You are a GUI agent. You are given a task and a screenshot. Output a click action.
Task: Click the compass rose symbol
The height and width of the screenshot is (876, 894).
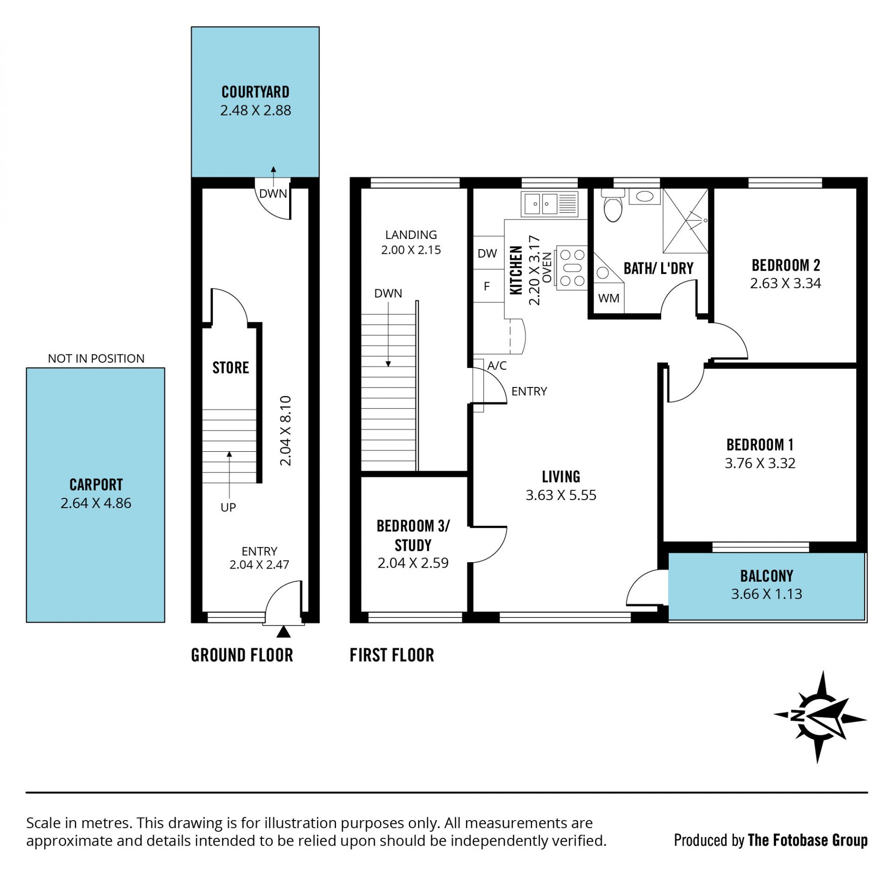pos(820,717)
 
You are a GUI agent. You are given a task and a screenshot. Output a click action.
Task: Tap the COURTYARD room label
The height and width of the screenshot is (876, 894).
pos(255,92)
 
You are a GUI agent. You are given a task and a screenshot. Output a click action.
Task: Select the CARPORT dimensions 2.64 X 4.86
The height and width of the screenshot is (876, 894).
pos(96,503)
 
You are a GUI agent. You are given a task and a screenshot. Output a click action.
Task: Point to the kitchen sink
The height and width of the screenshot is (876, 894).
pos(549,204)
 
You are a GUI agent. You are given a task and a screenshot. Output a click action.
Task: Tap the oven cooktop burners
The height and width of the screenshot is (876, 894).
pos(572,268)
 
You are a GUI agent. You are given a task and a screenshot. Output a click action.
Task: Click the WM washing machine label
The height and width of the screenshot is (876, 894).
pos(609,298)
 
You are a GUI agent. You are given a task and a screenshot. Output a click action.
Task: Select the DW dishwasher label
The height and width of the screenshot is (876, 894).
pos(487,253)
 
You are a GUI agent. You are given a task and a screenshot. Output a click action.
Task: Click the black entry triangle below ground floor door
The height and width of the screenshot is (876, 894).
pos(284,632)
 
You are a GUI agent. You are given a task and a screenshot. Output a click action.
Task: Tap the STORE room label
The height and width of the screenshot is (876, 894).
pos(230,368)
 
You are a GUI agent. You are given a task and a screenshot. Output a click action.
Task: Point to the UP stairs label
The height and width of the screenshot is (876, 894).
pos(228,507)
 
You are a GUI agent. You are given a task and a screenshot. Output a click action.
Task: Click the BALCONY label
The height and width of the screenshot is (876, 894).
pos(766,576)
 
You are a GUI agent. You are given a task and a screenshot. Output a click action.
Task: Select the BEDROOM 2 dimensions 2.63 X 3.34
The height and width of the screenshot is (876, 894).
pos(786,283)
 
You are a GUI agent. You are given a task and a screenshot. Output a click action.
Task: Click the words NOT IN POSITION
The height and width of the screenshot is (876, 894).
pos(96,359)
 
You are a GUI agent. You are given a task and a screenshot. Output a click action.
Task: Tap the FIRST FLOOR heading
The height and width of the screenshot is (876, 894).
pos(392,655)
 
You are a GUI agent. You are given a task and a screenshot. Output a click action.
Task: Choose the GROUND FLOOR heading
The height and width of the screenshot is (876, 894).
pos(242,655)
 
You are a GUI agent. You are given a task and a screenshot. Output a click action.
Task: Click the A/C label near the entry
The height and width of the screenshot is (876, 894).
pos(497,366)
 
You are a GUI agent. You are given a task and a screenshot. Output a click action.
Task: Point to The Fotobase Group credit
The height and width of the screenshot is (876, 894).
pos(807,840)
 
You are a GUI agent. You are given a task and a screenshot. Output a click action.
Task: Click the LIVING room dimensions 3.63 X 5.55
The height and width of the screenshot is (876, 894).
pos(561,495)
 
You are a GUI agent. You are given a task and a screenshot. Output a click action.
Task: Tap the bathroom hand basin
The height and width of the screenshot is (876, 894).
pos(644,196)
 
